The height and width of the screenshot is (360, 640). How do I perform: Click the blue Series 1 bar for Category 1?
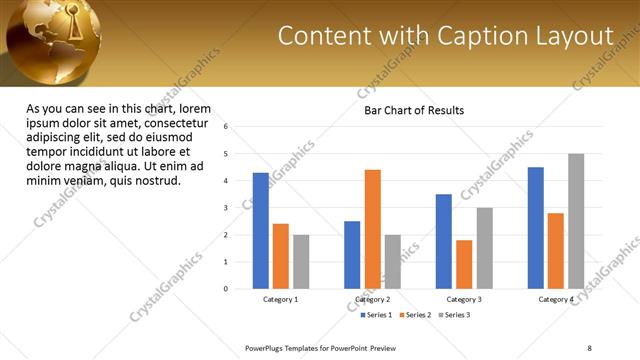pos(261,231)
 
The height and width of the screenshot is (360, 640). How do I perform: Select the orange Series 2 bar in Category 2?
pos(372,229)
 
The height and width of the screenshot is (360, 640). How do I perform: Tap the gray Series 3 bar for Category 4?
pos(576,221)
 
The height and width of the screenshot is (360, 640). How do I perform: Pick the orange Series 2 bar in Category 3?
pos(464,264)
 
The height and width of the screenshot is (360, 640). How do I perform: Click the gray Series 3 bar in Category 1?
pos(301,262)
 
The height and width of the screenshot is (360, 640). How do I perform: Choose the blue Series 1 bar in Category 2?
pos(352,255)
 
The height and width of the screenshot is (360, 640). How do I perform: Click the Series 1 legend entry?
pos(379,315)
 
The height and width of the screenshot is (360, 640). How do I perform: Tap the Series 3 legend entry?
pos(457,315)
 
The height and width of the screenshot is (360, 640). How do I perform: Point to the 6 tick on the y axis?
pos(226,127)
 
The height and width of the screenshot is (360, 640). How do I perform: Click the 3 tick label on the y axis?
pos(226,208)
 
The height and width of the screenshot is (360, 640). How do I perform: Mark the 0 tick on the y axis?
pos(226,289)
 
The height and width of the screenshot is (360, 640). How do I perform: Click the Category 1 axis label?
pos(281,300)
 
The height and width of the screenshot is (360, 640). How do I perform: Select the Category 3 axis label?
pos(464,300)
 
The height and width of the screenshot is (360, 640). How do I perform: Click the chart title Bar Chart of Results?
pos(414,111)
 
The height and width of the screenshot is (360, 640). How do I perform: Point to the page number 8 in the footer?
pos(589,347)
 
